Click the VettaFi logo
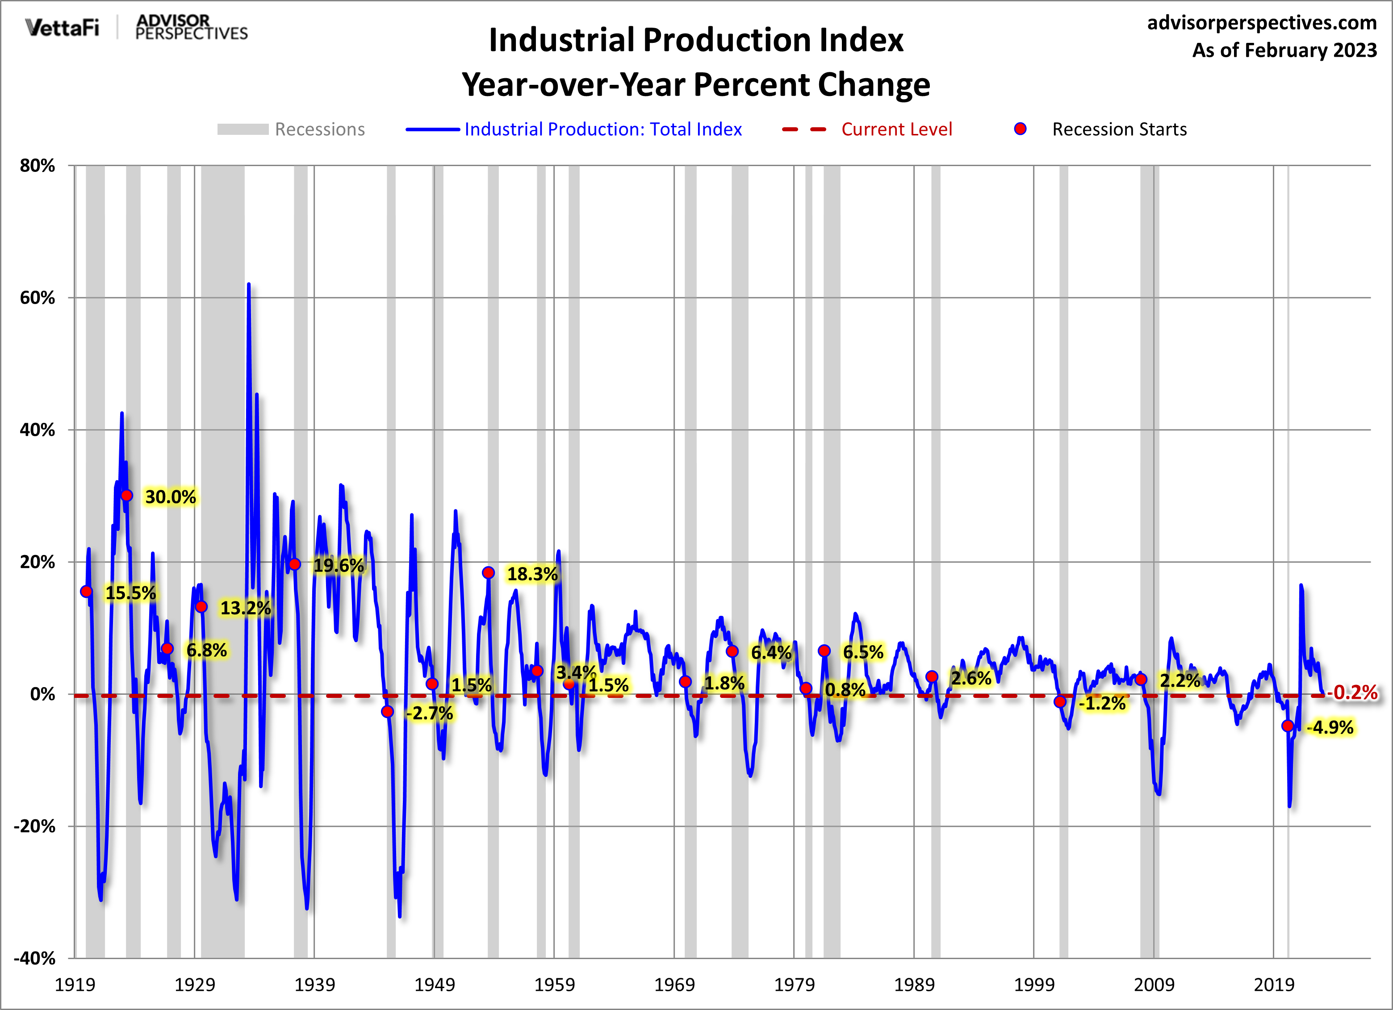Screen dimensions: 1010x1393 (62, 28)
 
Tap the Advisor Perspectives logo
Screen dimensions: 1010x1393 (191, 28)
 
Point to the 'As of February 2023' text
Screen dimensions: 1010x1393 (1284, 50)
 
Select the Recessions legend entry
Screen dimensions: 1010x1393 (291, 129)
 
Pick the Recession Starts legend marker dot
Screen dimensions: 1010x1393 (1020, 129)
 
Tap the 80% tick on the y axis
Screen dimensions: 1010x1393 (38, 166)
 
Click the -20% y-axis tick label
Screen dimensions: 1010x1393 (35, 826)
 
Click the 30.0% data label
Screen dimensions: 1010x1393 (170, 497)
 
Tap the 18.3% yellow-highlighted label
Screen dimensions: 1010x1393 (532, 574)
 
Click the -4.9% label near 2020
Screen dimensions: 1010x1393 (1329, 727)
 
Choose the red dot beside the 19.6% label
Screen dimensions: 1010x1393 (295, 564)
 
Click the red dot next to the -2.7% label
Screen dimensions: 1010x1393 (387, 712)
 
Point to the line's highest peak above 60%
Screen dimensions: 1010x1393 (248, 285)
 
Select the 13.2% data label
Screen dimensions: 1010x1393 (245, 608)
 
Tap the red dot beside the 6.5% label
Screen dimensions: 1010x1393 (824, 651)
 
